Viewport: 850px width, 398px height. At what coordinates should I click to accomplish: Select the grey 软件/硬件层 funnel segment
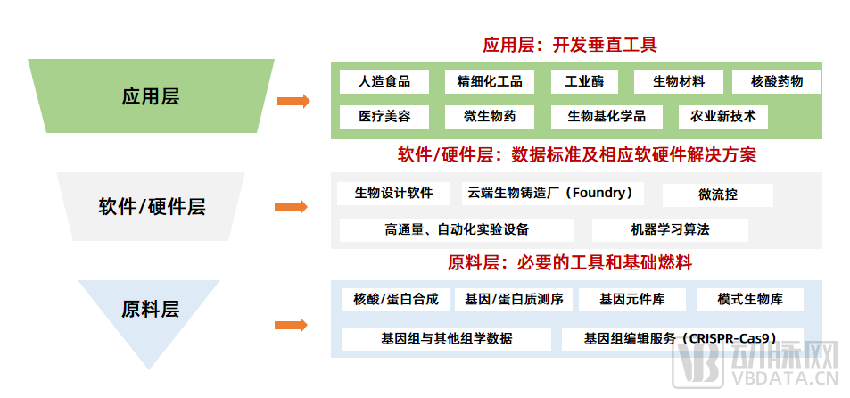pyautogui.click(x=151, y=207)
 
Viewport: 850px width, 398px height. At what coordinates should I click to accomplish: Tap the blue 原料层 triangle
pyautogui.click(x=150, y=310)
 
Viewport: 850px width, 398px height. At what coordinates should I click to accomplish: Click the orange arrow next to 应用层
pyautogui.click(x=293, y=102)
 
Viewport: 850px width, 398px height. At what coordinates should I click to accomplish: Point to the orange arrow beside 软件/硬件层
pyautogui.click(x=293, y=207)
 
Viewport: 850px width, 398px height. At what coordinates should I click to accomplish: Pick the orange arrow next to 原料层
pyautogui.click(x=293, y=325)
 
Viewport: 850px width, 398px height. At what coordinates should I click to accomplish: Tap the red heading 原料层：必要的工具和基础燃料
pyautogui.click(x=570, y=263)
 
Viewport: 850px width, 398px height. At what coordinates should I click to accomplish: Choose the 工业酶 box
pyautogui.click(x=584, y=82)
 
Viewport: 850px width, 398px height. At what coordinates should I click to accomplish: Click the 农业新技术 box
pyautogui.click(x=723, y=116)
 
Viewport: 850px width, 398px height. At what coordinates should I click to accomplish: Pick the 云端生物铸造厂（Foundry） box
pyautogui.click(x=551, y=193)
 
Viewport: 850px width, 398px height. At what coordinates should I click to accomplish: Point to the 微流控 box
pyautogui.click(x=717, y=195)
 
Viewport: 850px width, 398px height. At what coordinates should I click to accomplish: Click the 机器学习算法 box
pyautogui.click(x=670, y=229)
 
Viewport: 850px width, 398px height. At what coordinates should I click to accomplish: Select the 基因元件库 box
pyautogui.click(x=631, y=299)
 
